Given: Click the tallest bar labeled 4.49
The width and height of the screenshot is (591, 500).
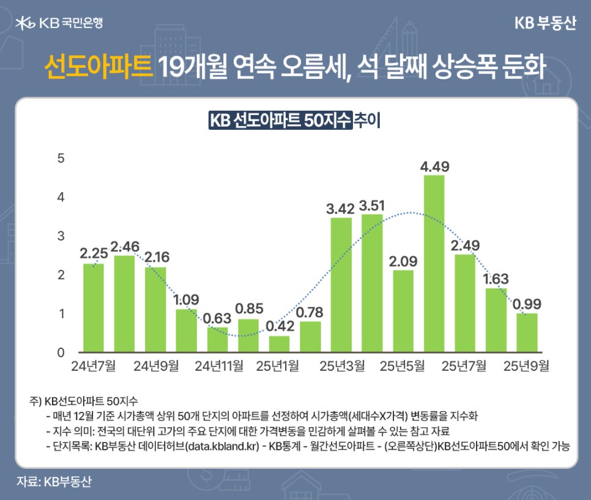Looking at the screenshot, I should [434, 264].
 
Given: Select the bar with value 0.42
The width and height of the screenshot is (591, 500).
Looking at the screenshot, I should [279, 344].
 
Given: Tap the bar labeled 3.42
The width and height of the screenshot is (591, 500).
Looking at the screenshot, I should [341, 285].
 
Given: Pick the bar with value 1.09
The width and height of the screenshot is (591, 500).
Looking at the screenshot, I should [186, 330].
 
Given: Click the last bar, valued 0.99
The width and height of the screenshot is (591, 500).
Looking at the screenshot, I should [526, 333].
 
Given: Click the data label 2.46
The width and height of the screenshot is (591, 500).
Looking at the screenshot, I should [124, 247].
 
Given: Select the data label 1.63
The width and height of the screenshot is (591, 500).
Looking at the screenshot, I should [496, 279].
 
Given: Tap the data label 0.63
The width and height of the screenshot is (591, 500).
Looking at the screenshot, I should [217, 318].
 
